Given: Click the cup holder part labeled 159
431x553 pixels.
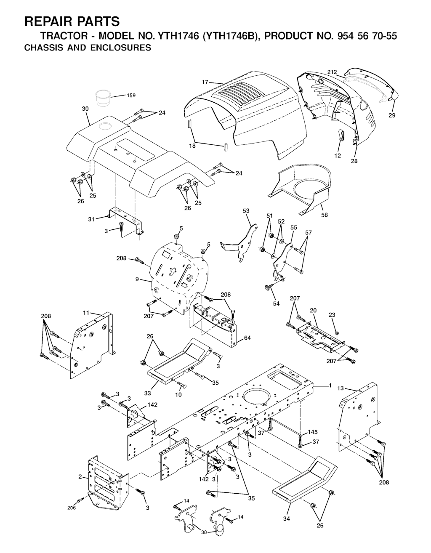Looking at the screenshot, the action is [103, 98].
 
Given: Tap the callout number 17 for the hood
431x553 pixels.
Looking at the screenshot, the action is [205, 82].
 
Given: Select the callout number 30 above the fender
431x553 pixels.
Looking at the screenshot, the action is [85, 109].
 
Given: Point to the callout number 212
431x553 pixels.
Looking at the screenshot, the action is [332, 72].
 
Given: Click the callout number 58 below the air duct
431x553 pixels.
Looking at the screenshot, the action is [325, 215].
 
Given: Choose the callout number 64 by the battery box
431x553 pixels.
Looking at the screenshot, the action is [247, 338].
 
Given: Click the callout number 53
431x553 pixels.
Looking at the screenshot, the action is [246, 211].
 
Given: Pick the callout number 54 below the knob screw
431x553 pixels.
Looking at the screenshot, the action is [276, 303].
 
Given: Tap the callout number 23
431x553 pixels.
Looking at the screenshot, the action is [332, 315].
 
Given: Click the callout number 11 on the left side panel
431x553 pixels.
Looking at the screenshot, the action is [85, 313].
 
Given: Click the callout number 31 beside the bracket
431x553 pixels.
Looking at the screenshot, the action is [91, 219].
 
